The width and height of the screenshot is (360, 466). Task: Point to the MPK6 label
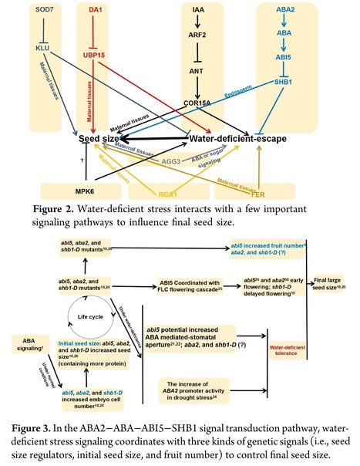[x=76, y=190]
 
